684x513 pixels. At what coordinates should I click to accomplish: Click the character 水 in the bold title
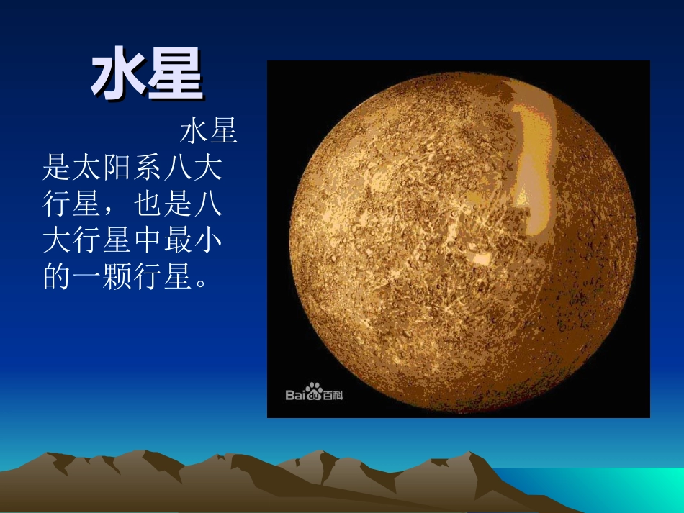pyautogui.click(x=118, y=76)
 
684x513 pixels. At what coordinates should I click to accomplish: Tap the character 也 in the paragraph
pyautogui.click(x=148, y=206)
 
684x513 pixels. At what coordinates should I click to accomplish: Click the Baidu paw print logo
pyautogui.click(x=313, y=392)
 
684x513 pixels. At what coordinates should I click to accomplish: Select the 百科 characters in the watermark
pyautogui.click(x=333, y=394)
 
